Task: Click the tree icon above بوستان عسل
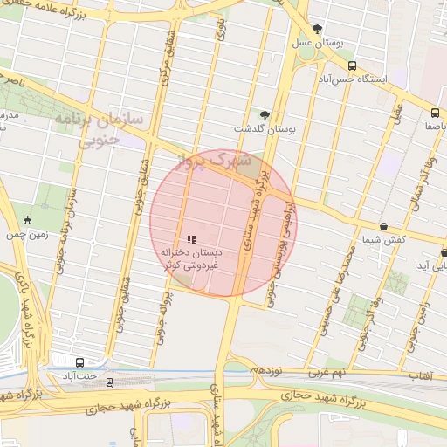coord(317,29)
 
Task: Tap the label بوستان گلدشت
coord(265,128)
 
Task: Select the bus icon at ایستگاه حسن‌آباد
coord(352,65)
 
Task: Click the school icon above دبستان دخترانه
coord(191,238)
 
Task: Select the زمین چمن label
coord(30,235)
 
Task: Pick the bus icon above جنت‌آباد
coord(80,362)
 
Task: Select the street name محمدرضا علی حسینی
coord(337,279)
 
